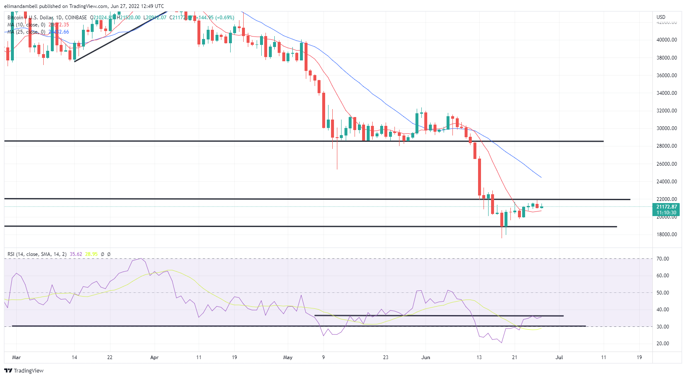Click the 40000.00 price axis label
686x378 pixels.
click(x=667, y=40)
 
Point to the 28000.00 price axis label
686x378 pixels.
click(x=667, y=146)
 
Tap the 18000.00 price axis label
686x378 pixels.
click(x=667, y=235)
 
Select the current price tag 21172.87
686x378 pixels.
click(x=667, y=207)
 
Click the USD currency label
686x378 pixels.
click(x=661, y=17)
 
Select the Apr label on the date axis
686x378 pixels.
click(x=154, y=357)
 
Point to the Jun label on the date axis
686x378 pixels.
click(x=426, y=357)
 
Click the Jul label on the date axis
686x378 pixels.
click(x=559, y=357)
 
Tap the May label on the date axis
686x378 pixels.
click(x=288, y=357)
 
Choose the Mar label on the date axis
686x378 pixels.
click(x=16, y=357)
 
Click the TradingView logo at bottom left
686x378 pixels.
click(x=24, y=371)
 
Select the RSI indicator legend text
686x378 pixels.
click(x=37, y=254)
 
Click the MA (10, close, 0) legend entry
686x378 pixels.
click(x=26, y=25)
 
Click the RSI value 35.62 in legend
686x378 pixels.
click(x=76, y=254)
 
